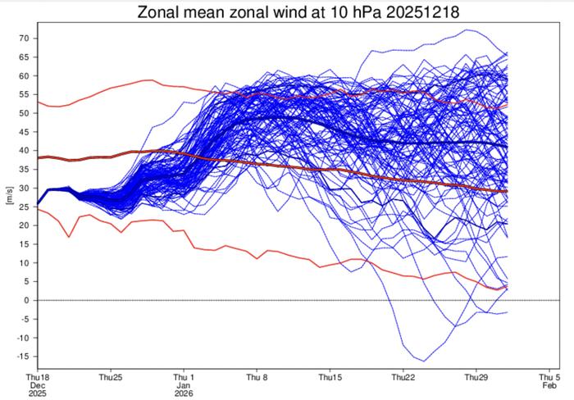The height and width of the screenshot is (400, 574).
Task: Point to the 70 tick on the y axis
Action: [24, 39]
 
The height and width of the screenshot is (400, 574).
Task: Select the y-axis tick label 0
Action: [26, 300]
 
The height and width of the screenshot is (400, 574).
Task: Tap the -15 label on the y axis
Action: [22, 357]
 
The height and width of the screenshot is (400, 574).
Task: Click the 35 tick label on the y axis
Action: [24, 170]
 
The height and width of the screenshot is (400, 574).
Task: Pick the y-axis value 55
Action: [24, 95]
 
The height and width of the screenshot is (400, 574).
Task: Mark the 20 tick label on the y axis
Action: [24, 225]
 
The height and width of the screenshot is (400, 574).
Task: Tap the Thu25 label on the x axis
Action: [111, 378]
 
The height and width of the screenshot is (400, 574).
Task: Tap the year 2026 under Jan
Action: [184, 394]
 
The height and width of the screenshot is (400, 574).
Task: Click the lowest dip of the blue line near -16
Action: [424, 361]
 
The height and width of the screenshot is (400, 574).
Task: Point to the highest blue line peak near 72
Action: [467, 30]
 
